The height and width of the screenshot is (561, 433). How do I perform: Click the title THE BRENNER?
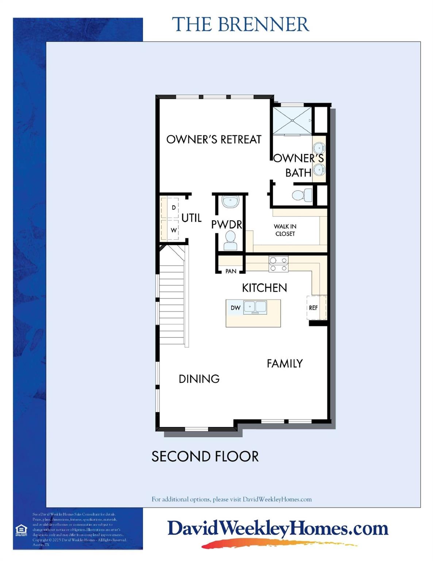[x=241, y=24]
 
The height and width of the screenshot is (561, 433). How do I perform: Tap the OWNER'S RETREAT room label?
[x=214, y=139]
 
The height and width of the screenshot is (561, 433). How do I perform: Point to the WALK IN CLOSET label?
[x=285, y=230]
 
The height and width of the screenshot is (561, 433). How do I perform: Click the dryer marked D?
[x=173, y=208]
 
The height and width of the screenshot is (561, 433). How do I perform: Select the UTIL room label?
[x=191, y=218]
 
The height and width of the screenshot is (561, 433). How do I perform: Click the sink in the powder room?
[x=230, y=201]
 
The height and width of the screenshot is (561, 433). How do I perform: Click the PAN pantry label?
[x=231, y=271]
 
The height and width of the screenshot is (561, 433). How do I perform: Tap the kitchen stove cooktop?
[x=278, y=264]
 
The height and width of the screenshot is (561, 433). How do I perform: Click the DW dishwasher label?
[x=235, y=308]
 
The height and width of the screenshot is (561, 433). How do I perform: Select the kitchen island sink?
[x=255, y=307]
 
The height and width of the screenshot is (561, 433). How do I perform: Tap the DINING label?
[x=199, y=379]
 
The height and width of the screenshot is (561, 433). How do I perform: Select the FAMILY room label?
[x=284, y=363]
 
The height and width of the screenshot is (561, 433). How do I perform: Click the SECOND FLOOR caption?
[x=205, y=457]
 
